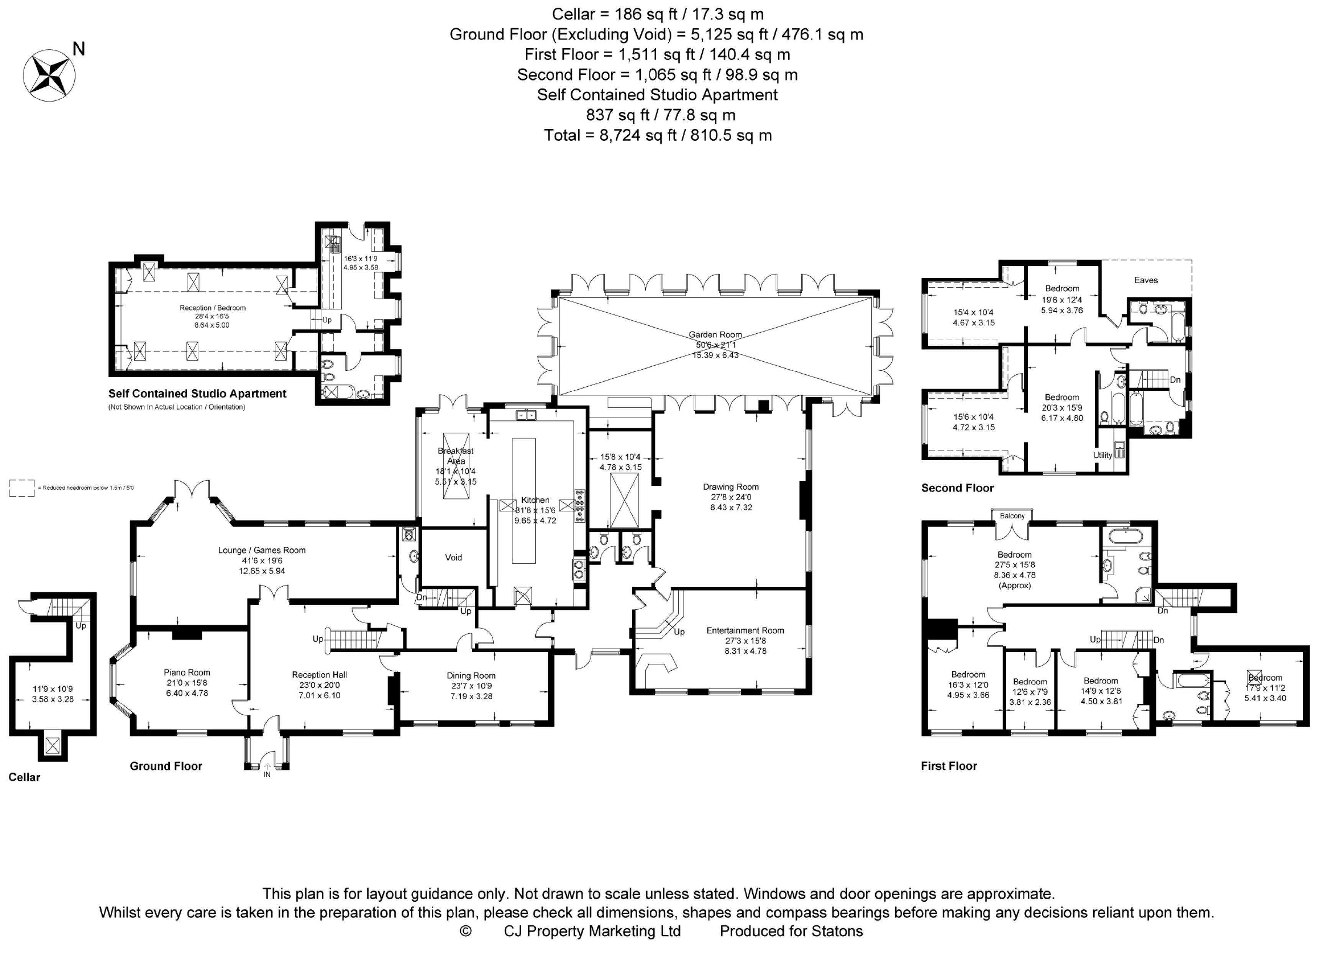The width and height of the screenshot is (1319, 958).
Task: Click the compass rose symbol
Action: [x=49, y=75]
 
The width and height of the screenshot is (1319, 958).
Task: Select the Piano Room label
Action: [x=187, y=673]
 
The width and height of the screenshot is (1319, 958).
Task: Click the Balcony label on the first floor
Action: [x=1012, y=516]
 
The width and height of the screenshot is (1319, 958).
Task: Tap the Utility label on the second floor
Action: [x=1102, y=455]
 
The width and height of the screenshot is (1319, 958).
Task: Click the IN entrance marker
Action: [x=267, y=774]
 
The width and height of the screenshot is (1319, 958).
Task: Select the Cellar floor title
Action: [x=24, y=777]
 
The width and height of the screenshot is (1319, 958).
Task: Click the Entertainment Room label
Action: [x=745, y=630]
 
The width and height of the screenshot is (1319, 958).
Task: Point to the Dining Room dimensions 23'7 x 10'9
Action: [x=471, y=686]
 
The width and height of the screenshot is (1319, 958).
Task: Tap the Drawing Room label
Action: [x=730, y=487]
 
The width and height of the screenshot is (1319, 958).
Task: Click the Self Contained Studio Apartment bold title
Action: [x=197, y=394]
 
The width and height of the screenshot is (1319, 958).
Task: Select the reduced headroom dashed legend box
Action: [x=21, y=488]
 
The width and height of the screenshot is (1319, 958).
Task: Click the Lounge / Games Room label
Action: [x=262, y=550]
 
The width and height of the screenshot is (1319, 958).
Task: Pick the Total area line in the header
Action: [x=658, y=136]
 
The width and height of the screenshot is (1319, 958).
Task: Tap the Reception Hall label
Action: [x=319, y=675]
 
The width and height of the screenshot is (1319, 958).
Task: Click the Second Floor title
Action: [x=957, y=488]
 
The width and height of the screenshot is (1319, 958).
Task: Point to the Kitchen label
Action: [x=535, y=500]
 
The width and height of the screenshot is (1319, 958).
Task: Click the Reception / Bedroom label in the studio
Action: [x=212, y=308]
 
